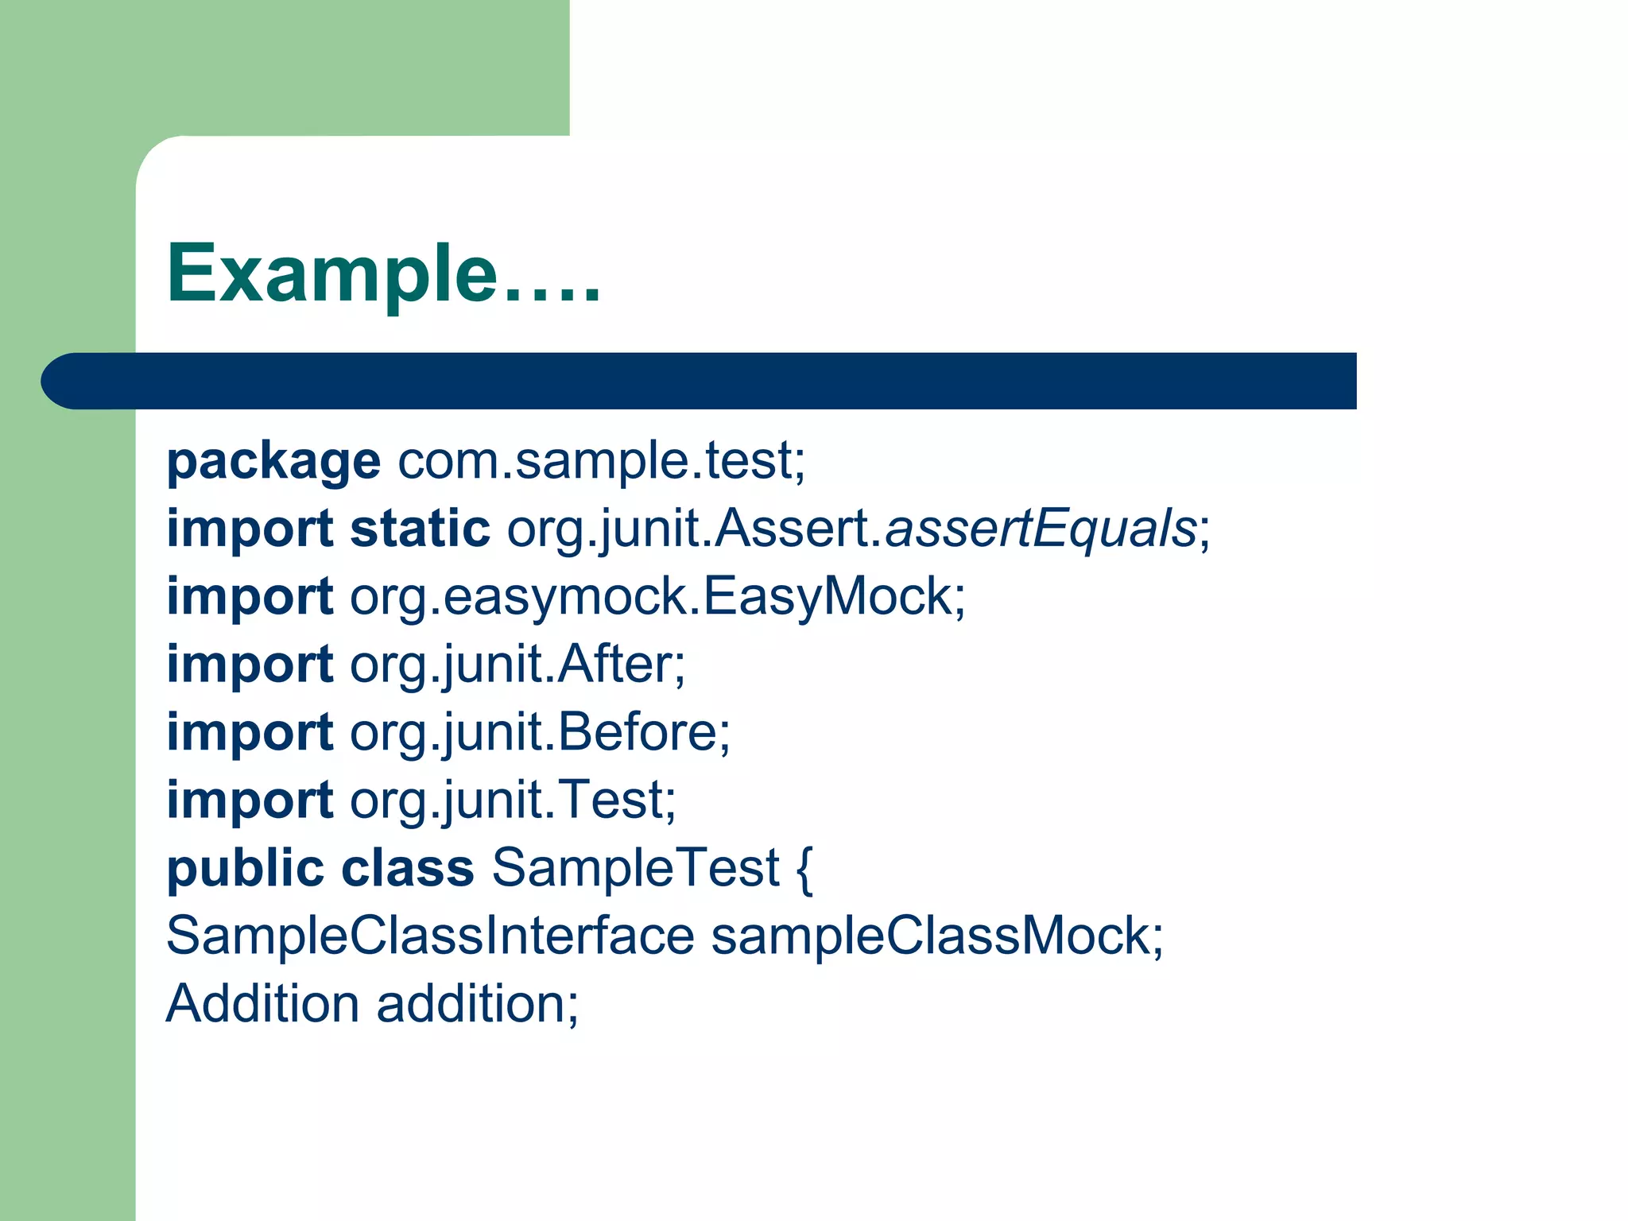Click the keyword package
[273, 462]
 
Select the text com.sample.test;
[601, 460]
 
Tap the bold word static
[420, 529]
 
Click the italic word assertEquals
[1041, 529]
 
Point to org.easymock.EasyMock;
[657, 596]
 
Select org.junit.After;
[517, 665]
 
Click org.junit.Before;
[540, 732]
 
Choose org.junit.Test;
[513, 800]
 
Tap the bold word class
[408, 867]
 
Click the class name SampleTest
[636, 867]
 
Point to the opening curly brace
[804, 869]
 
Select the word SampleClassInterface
[430, 936]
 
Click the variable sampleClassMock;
[936, 936]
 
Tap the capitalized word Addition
[263, 1003]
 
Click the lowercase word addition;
[478, 1003]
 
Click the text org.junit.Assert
[694, 529]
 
